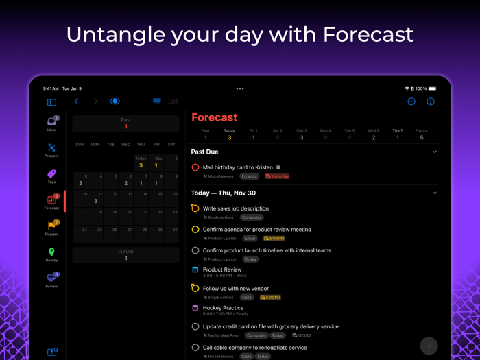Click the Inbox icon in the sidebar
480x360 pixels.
[51, 123]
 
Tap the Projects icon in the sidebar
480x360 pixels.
[51, 148]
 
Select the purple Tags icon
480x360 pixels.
[51, 175]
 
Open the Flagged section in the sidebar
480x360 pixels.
[51, 226]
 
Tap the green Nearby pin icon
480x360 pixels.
[51, 252]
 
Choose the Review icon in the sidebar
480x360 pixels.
[51, 278]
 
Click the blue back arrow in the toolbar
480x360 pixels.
[77, 101]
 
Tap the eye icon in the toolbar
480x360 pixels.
[115, 101]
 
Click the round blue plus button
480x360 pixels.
[429, 346]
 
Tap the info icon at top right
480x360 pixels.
[431, 101]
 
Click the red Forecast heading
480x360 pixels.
[214, 118]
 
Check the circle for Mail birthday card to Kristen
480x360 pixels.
[195, 167]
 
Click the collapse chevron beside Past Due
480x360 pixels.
[435, 152]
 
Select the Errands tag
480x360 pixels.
[249, 176]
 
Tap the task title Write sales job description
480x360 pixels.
[235, 208]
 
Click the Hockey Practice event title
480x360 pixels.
[223, 308]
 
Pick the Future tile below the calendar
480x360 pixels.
[125, 255]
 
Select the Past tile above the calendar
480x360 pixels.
[125, 123]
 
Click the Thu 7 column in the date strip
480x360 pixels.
[398, 134]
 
